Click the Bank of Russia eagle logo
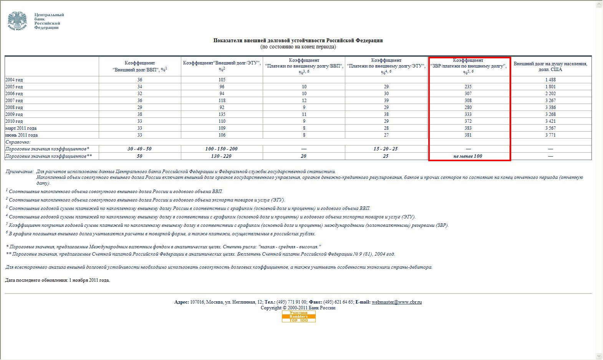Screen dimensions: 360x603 click(x=17, y=21)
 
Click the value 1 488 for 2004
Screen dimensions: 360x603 click(x=550, y=80)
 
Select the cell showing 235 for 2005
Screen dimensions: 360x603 click(x=468, y=87)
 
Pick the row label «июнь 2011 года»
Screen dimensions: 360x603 click(x=22, y=135)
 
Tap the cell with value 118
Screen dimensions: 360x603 click(x=222, y=101)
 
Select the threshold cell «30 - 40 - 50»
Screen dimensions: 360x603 click(x=139, y=149)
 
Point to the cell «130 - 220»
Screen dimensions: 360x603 click(x=222, y=156)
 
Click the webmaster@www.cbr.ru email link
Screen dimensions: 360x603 click(x=396, y=302)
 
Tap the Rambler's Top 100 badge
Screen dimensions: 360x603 click(x=298, y=317)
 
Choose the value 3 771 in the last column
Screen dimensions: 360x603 click(x=550, y=135)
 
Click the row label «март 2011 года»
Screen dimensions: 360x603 click(x=21, y=128)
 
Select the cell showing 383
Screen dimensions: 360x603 click(x=468, y=128)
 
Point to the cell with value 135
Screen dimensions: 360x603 click(x=222, y=114)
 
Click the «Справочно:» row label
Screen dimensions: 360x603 click(x=18, y=142)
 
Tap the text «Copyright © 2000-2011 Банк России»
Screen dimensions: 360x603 click(x=298, y=308)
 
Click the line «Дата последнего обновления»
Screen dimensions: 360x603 click(x=58, y=280)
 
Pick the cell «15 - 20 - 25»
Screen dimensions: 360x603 click(x=386, y=149)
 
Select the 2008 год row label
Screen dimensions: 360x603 click(x=14, y=107)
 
